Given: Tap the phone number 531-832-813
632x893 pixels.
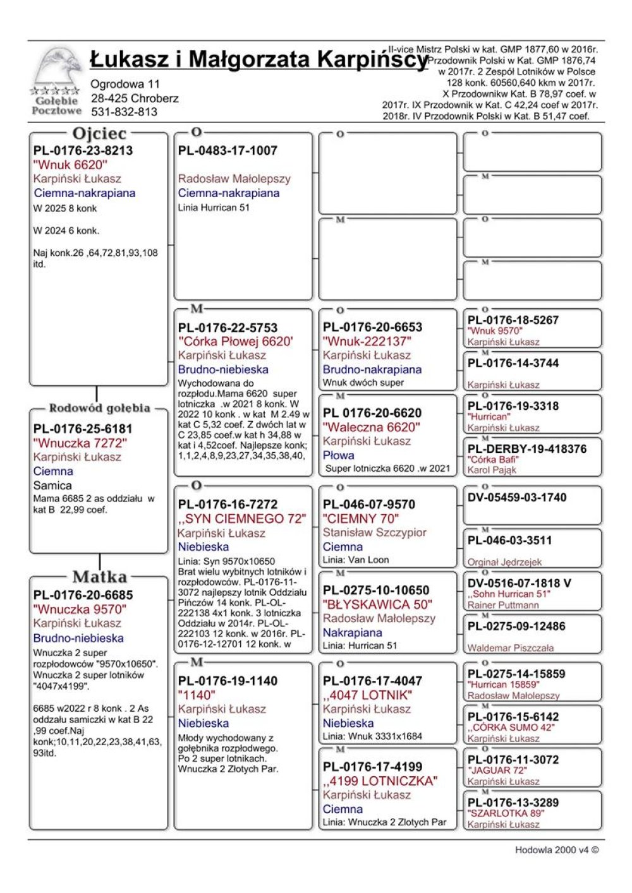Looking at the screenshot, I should tap(124, 112).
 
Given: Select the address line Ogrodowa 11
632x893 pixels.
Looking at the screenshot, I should tap(125, 84).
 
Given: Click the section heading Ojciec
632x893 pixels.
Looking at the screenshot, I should tap(99, 133).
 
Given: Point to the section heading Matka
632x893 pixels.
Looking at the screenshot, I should tap(99, 577).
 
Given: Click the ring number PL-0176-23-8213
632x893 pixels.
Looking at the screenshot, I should tap(83, 150).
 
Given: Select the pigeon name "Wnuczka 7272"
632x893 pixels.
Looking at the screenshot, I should tap(80, 443).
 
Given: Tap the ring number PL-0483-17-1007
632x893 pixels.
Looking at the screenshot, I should tap(228, 150).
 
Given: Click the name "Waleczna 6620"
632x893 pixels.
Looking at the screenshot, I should tap(370, 427).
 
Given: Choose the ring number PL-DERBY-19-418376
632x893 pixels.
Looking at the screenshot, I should tap(527, 449).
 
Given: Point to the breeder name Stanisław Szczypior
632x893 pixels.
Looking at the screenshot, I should tap(374, 532).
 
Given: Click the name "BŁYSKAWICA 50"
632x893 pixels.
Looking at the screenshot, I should tap(377, 604).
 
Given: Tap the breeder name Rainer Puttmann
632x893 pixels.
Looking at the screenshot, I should tap(503, 605).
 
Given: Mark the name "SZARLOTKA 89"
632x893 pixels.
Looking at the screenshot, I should tap(506, 813).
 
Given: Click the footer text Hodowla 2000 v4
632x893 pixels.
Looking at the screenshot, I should tap(556, 849).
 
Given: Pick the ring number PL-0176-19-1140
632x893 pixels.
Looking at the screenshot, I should tap(228, 681).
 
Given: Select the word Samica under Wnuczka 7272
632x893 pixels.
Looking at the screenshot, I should tap(52, 485).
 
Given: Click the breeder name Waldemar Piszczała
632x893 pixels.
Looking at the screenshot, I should tap(510, 648).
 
